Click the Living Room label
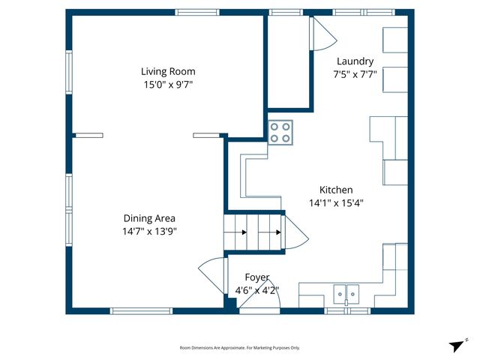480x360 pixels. coord(168,72)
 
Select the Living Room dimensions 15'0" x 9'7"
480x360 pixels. coord(168,85)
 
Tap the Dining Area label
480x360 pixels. coord(149,218)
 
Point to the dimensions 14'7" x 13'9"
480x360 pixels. coord(149,231)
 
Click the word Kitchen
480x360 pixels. coord(336,190)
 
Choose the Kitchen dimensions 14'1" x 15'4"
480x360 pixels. coord(336,202)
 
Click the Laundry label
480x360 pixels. coord(355,61)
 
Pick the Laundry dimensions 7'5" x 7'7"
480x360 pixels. coord(355,74)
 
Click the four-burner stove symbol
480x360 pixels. coord(281,133)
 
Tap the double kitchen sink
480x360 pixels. coord(346,292)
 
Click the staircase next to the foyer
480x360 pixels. coord(254,232)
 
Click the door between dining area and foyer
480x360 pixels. coord(212,272)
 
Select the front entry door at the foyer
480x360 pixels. coord(262,299)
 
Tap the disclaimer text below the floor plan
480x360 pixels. coord(240,348)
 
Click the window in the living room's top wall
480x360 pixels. coord(197,12)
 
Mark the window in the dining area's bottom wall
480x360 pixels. coord(142,310)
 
